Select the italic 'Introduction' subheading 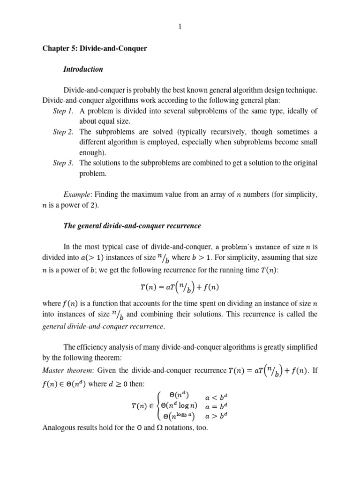(x=83, y=69)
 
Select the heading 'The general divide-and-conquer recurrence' (x=132, y=226)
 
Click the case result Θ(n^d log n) (x=175, y=405)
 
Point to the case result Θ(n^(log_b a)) (x=175, y=416)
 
